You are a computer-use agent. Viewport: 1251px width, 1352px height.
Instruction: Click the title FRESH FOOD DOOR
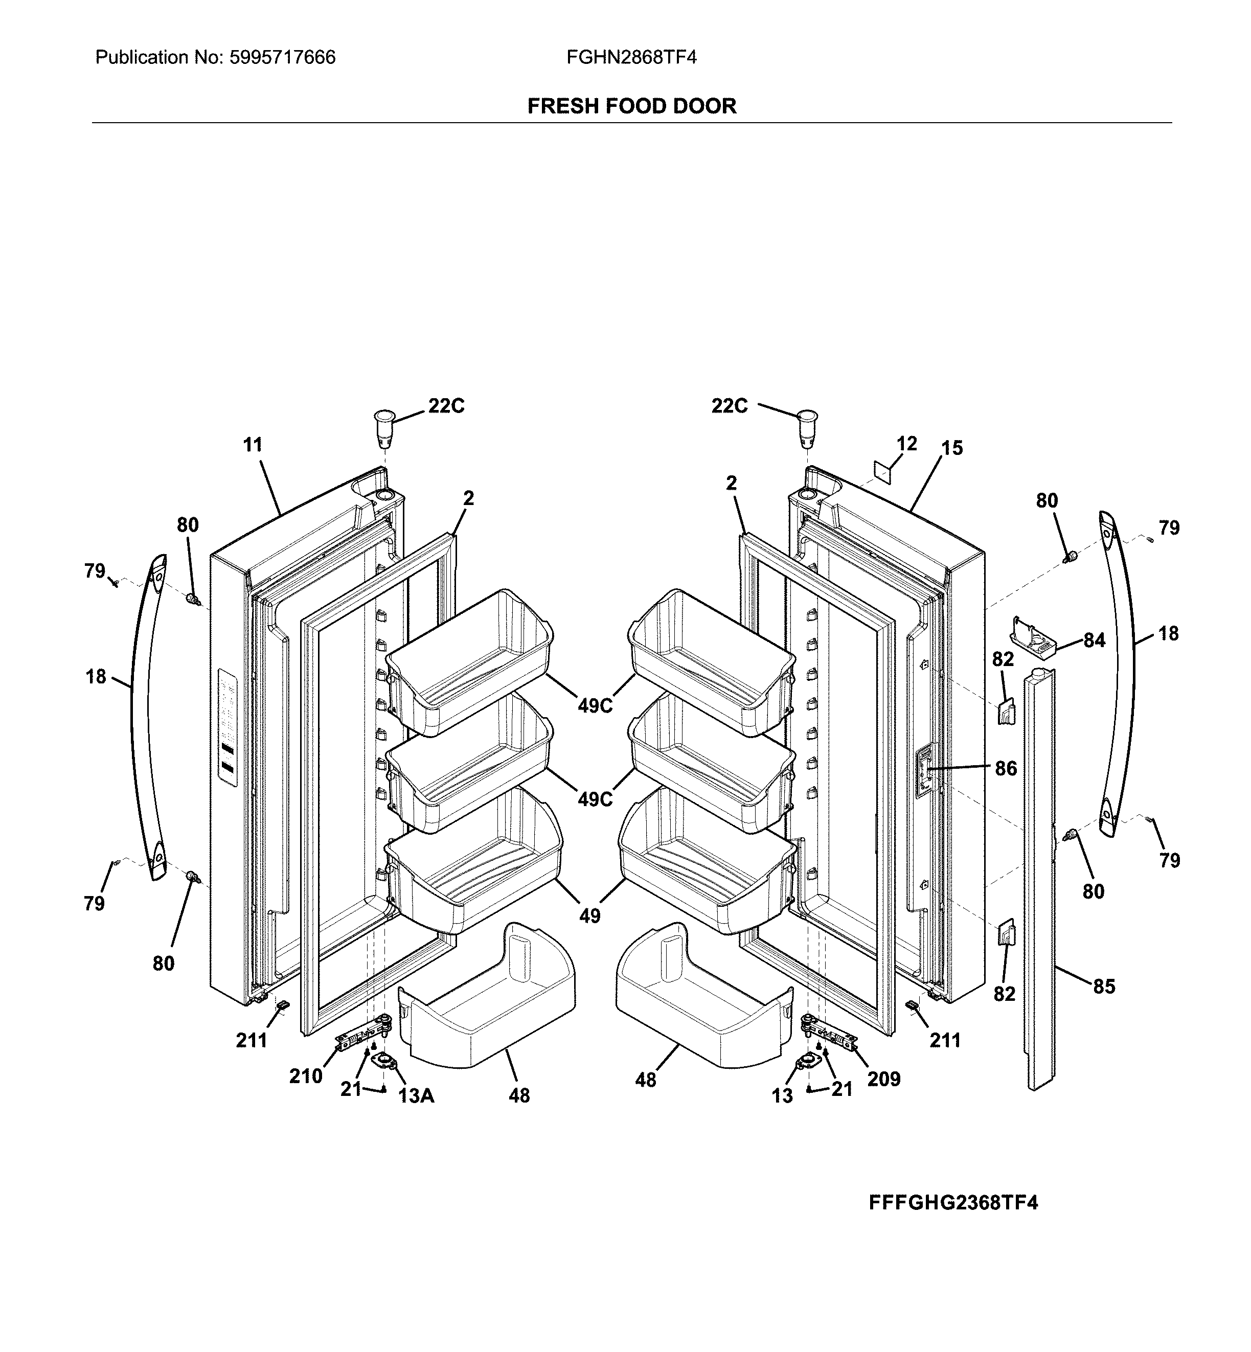pyautogui.click(x=631, y=106)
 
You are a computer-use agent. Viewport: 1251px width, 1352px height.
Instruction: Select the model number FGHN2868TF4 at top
pyautogui.click(x=631, y=58)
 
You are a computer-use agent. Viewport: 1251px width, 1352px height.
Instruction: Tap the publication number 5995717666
pyautogui.click(x=282, y=58)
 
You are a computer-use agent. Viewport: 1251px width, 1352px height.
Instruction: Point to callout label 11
pyautogui.click(x=253, y=445)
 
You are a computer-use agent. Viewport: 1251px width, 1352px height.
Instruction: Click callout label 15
pyautogui.click(x=952, y=448)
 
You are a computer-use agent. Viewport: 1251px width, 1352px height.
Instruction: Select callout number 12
pyautogui.click(x=906, y=444)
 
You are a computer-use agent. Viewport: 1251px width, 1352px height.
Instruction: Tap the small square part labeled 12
pyautogui.click(x=882, y=470)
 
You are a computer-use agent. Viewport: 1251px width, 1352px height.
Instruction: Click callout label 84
pyautogui.click(x=1094, y=639)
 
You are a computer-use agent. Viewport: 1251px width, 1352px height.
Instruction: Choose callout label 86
pyautogui.click(x=1006, y=768)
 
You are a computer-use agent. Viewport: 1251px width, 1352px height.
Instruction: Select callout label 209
pyautogui.click(x=883, y=1079)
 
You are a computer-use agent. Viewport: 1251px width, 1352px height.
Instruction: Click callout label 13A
pyautogui.click(x=416, y=1095)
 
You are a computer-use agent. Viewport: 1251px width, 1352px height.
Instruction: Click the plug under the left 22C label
pyautogui.click(x=384, y=428)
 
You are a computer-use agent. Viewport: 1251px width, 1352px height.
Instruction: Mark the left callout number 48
pyautogui.click(x=519, y=1095)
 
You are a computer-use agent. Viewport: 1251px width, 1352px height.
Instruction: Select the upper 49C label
pyautogui.click(x=595, y=706)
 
